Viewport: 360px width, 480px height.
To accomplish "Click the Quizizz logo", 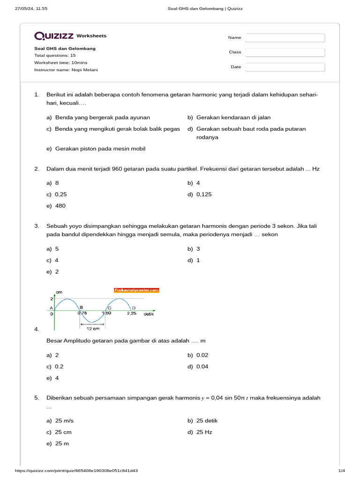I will pos(54,36).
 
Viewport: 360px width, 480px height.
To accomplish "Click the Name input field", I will pos(285,38).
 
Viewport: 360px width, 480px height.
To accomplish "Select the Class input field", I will pos(285,52).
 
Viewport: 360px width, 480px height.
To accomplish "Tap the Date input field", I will pos(285,67).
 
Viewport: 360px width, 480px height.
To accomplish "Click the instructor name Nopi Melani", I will pos(85,70).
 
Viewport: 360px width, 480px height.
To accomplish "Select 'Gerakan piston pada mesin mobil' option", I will pos(100,149).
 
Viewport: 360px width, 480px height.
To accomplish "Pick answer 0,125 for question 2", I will pos(204,194).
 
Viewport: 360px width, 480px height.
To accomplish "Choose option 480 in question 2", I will pos(60,206).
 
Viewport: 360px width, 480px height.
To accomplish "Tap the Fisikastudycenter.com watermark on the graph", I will pos(137,291).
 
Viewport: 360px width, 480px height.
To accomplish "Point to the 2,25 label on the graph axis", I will pos(132,314).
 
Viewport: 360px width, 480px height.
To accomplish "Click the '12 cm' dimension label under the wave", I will pos(92,329).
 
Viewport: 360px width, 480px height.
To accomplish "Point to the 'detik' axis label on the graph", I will pos(149,314).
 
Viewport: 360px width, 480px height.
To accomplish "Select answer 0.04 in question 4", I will pos(202,367).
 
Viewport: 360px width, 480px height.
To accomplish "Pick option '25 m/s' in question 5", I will pos(64,420).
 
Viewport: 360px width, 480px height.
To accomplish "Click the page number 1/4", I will pos(341,471).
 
